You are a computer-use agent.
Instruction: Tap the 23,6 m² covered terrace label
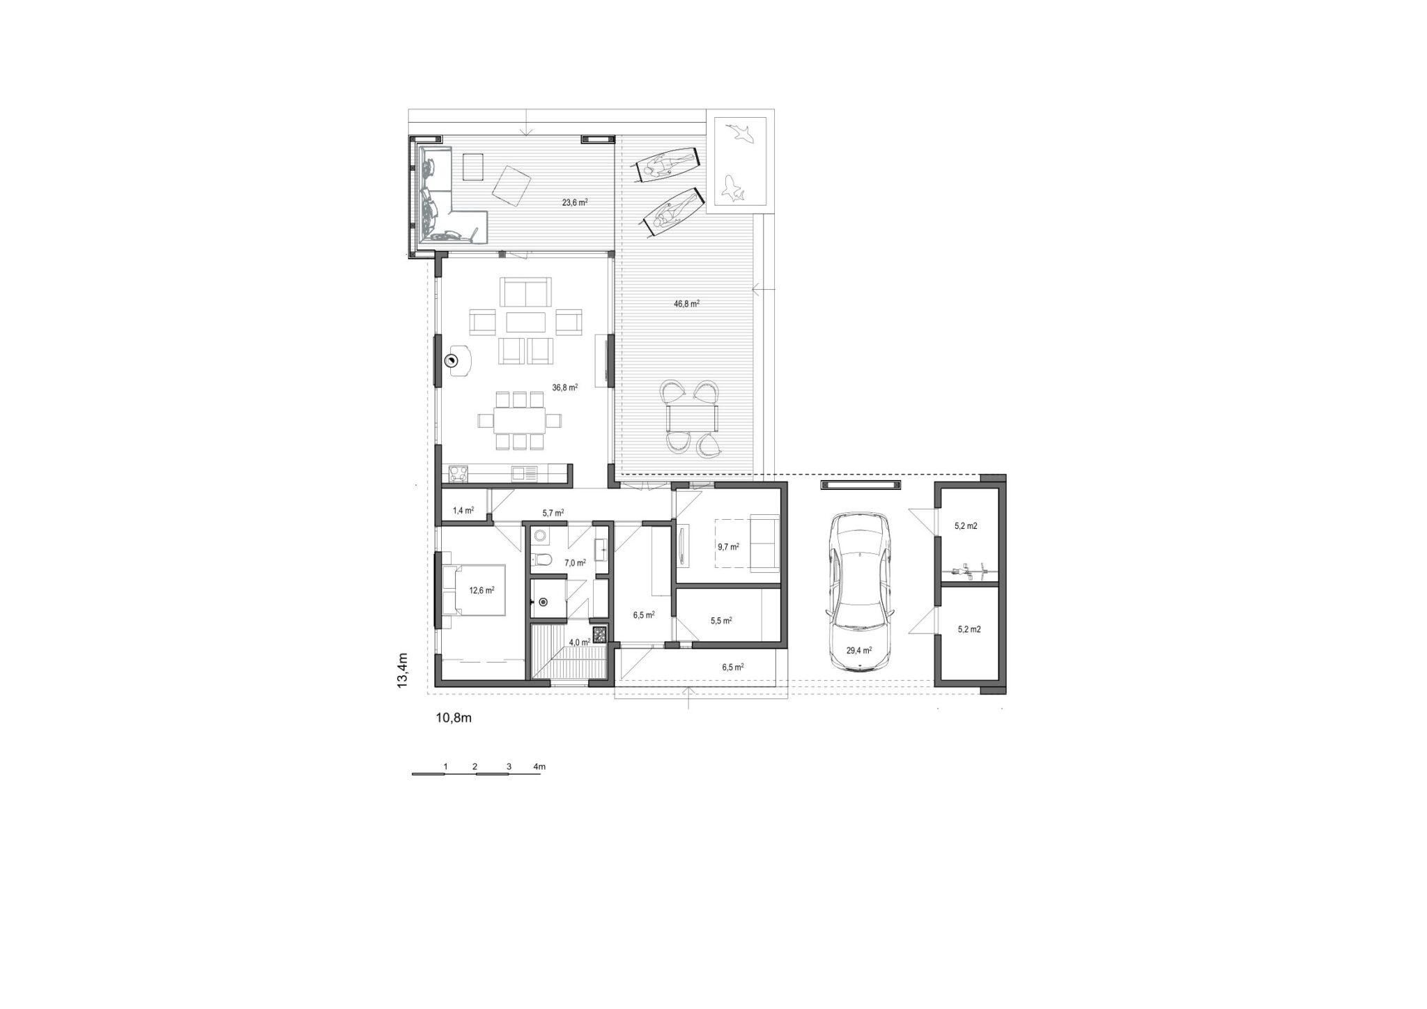[x=575, y=203]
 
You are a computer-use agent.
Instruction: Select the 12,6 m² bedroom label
[x=481, y=590]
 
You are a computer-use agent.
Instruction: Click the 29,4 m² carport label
[x=859, y=650]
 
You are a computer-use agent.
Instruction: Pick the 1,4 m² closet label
[x=463, y=510]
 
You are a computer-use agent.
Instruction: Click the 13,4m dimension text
[x=402, y=670]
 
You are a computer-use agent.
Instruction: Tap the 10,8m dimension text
[x=454, y=718]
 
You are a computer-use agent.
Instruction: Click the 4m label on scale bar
[x=539, y=767]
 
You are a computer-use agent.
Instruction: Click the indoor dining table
[x=520, y=420]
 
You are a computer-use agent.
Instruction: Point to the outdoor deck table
[x=692, y=418]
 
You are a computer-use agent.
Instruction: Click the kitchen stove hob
[x=459, y=474]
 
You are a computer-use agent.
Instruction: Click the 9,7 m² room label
[x=728, y=547]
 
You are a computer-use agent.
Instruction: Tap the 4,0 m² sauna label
[x=580, y=642]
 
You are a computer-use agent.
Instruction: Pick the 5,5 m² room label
[x=720, y=619]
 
